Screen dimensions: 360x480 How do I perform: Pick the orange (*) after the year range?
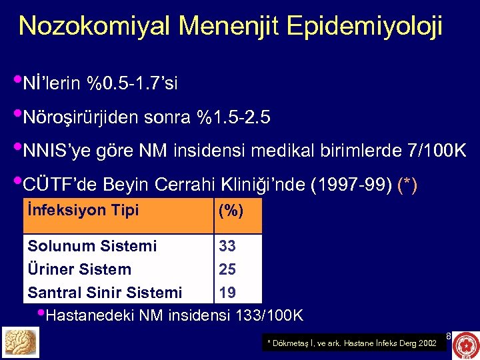[407, 185]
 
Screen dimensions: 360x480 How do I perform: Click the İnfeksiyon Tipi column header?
[83, 211]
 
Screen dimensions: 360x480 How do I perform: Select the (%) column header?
[231, 211]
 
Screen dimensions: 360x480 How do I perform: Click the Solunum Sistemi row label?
[92, 246]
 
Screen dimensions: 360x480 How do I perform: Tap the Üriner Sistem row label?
[79, 269]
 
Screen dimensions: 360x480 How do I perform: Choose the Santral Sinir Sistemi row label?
[105, 293]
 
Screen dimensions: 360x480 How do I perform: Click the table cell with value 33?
[227, 246]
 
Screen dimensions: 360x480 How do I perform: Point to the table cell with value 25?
[227, 269]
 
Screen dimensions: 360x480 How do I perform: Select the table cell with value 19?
[227, 293]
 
